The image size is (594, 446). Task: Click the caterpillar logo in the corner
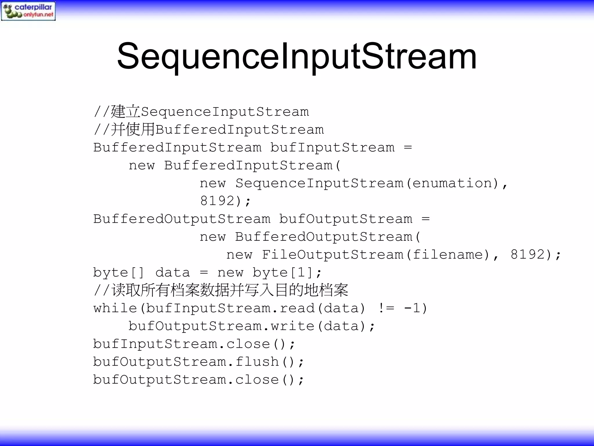[x=28, y=11]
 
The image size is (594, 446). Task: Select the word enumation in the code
[x=452, y=183]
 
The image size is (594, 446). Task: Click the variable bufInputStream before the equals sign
[x=332, y=148]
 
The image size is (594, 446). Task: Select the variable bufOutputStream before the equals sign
[x=346, y=219]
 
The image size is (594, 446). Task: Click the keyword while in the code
[x=115, y=308]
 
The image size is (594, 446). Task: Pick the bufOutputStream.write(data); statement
[x=252, y=326]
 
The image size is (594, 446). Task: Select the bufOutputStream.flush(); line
[x=198, y=362]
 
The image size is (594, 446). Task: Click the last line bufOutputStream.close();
[x=198, y=380]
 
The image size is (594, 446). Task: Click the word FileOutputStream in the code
[x=332, y=255]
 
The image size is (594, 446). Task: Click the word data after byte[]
[x=173, y=273]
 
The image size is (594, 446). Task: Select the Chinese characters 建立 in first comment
[x=126, y=112]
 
